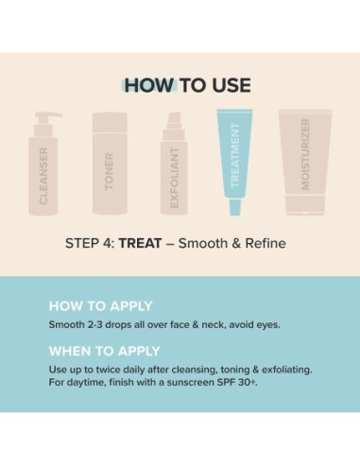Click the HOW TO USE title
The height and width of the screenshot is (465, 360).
pos(187,86)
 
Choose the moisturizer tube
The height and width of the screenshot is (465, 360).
pos(304,151)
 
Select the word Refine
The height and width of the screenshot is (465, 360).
pos(263,243)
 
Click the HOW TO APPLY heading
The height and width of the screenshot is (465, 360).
pos(100,306)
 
